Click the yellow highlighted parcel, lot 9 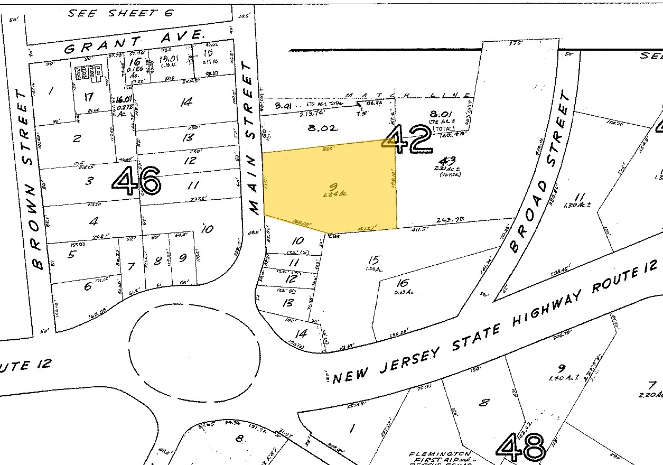[x=330, y=188]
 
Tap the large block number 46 [x=136, y=181]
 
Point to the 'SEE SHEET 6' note [x=121, y=13]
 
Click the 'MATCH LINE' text [x=407, y=95]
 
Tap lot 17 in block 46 [x=88, y=97]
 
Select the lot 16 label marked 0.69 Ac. [x=404, y=285]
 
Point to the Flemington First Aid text [x=440, y=457]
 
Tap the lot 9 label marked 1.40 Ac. [x=562, y=371]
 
